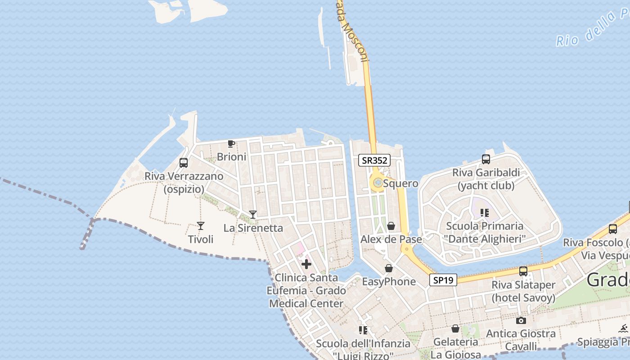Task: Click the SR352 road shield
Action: point(374,160)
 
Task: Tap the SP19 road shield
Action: point(443,280)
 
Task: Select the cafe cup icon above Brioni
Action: point(231,144)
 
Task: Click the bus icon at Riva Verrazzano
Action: point(184,163)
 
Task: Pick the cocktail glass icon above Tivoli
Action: point(201,226)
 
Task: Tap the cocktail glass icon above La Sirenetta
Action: point(253,215)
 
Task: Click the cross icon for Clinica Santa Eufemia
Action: point(306,264)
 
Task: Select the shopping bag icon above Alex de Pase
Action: point(391,226)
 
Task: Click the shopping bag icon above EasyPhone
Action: point(389,269)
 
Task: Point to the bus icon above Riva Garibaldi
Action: point(486,159)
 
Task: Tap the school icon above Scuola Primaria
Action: point(484,212)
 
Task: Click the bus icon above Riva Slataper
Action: point(523,271)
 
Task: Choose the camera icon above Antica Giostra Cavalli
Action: point(521,320)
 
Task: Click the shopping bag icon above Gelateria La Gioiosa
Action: point(455,328)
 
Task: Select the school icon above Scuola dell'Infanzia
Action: point(363,330)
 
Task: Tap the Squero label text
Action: point(400,184)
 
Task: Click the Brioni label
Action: point(231,157)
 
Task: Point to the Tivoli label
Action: point(201,239)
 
